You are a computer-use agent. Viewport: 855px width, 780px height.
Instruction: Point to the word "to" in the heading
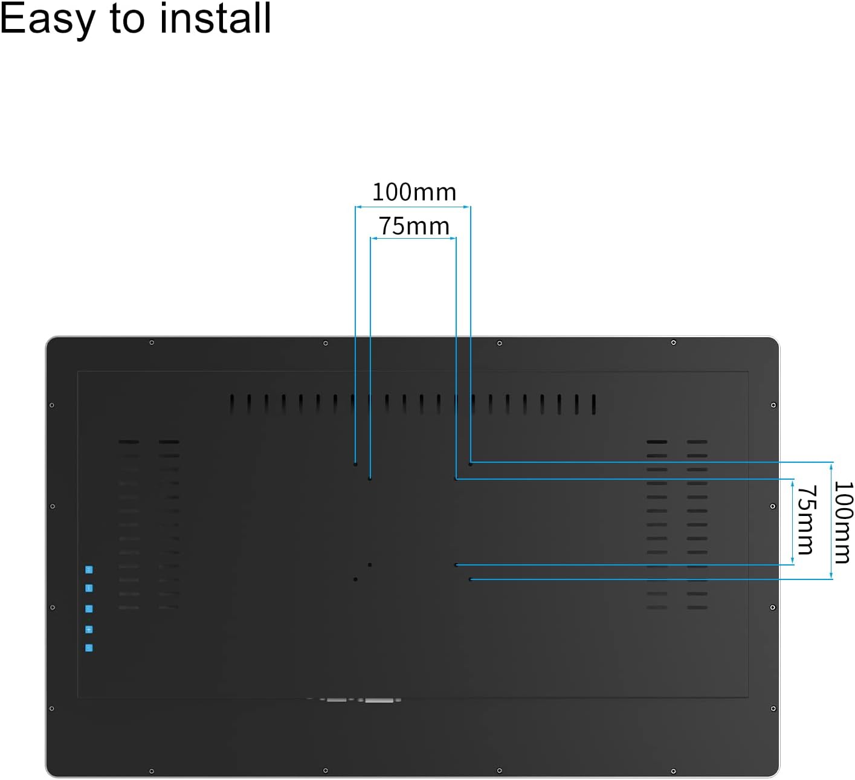(x=127, y=20)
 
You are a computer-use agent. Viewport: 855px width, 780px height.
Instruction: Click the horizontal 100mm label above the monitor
(x=415, y=192)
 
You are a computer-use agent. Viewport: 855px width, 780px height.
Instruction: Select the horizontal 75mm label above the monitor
(x=415, y=226)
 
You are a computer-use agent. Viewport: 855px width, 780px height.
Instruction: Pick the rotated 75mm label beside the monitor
(x=807, y=520)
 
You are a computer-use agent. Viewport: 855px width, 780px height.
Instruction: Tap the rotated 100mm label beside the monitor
(x=844, y=523)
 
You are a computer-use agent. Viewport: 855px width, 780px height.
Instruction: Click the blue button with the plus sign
(x=89, y=629)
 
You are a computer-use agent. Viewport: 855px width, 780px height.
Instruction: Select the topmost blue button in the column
(x=89, y=570)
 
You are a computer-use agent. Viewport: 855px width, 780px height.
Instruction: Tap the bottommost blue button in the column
(x=89, y=648)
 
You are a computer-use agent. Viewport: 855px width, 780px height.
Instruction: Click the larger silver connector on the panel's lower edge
(x=379, y=700)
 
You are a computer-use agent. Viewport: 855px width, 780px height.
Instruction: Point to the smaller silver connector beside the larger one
(x=337, y=700)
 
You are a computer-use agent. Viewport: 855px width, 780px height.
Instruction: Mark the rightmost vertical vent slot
(x=593, y=404)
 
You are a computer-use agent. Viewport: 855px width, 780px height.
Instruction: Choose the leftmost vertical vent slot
(x=232, y=404)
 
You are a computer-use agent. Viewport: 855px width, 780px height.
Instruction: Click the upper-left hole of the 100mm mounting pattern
(x=355, y=464)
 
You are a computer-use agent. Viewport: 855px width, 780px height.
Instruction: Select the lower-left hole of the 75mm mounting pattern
(x=370, y=565)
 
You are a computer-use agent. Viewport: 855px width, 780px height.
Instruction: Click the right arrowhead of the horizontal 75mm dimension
(x=453, y=238)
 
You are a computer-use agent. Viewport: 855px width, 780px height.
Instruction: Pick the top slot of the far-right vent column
(x=697, y=442)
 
